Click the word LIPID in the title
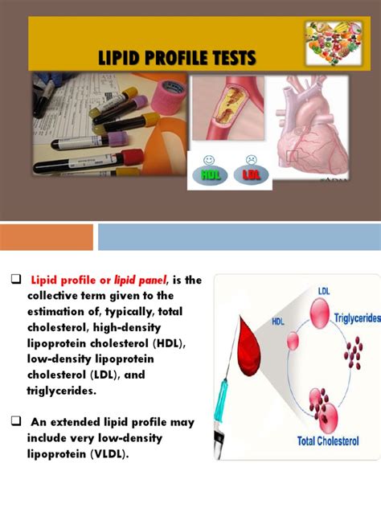[121, 58]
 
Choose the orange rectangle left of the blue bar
[46, 237]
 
